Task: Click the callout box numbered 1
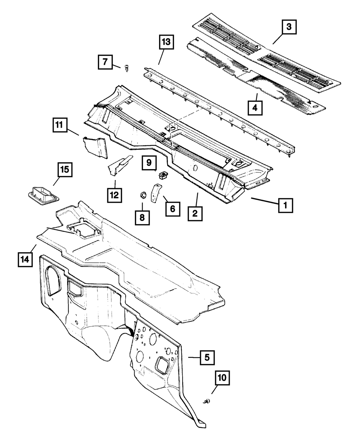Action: point(285,206)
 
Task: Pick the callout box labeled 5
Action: point(207,358)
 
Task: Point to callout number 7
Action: point(105,62)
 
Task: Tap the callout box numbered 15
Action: point(65,170)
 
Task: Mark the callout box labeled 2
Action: point(194,214)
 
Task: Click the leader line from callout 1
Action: point(265,201)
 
